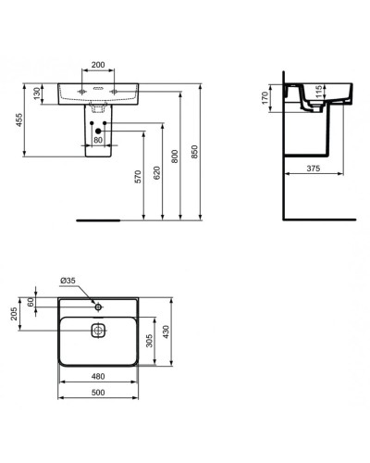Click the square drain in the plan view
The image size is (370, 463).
(98, 330)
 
